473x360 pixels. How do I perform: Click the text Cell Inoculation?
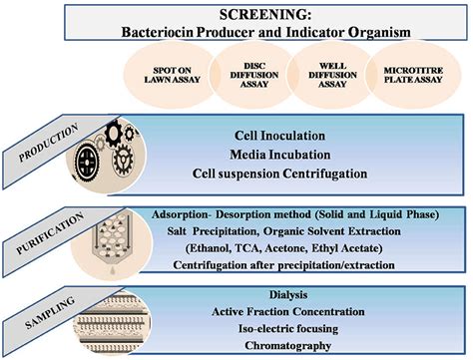(278, 134)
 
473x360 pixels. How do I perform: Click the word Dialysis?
(289, 296)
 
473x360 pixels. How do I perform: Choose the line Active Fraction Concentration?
(289, 312)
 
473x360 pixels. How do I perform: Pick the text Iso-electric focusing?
(289, 328)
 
